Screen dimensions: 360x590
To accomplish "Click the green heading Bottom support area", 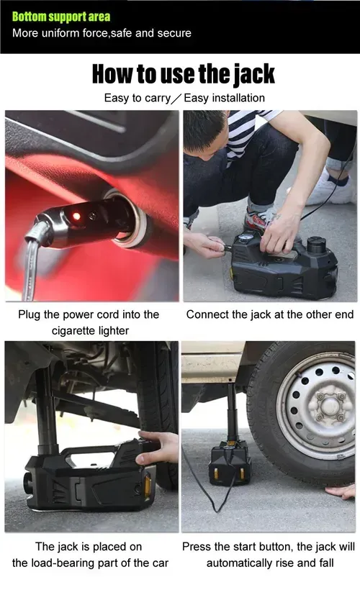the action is click(61, 17).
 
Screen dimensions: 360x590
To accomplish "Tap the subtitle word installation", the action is click(238, 98).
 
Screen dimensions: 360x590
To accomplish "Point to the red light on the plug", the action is click(76, 216).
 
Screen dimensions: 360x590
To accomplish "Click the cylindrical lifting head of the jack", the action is click(316, 246).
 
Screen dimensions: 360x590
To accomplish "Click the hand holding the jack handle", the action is click(158, 448).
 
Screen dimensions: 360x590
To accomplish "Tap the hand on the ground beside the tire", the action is click(341, 491).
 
